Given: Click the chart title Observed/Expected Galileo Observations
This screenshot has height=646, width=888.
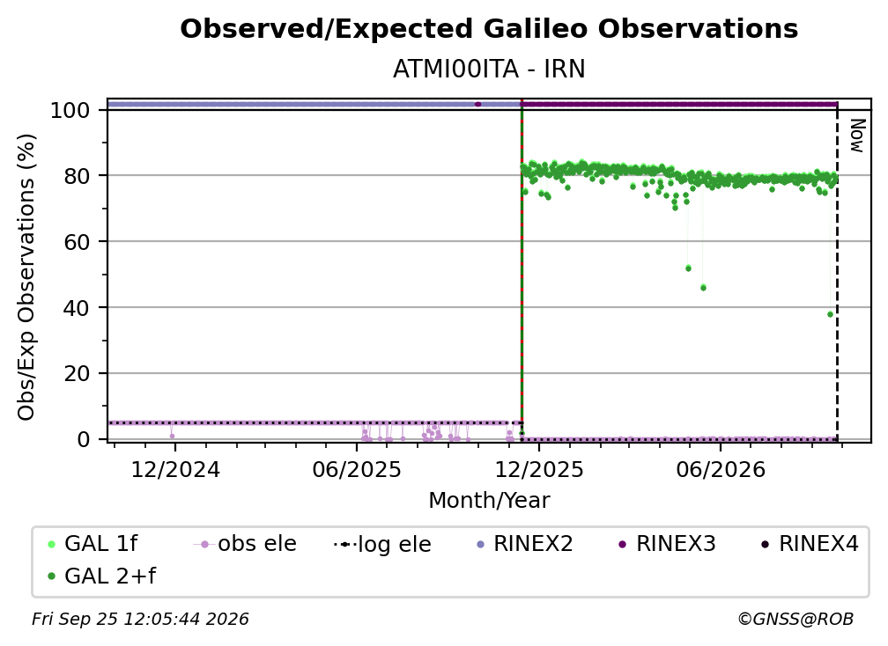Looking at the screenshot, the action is (489, 29).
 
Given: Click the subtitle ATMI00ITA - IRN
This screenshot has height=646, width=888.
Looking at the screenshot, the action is (489, 70).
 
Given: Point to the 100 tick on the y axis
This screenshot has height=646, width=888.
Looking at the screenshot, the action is (70, 110).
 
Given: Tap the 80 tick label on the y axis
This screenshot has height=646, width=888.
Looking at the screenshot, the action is (77, 177).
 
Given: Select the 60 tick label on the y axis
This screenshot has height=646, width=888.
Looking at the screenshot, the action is (77, 242).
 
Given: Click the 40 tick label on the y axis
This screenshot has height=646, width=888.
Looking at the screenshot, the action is (77, 308).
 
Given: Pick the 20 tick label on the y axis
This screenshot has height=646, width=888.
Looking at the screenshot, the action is (77, 374).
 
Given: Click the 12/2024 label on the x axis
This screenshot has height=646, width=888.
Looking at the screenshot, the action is (175, 470).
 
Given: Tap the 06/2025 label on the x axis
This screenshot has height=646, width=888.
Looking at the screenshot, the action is (357, 470).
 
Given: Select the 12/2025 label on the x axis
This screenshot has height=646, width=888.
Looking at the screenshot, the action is (539, 470).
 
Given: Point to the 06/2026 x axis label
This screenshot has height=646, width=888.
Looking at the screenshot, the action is (721, 470).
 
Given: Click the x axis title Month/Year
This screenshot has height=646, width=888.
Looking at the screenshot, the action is (489, 501).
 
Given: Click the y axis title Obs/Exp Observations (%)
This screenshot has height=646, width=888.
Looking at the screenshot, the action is (26, 277).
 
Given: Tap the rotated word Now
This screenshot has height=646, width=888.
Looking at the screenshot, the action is (857, 136).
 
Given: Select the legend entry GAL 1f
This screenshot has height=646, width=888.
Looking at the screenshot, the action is (92, 544).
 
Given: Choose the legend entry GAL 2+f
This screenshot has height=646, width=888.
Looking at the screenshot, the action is (101, 576).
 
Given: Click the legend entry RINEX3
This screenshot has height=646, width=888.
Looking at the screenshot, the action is (667, 544).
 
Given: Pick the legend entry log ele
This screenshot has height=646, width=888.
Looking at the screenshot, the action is (383, 545).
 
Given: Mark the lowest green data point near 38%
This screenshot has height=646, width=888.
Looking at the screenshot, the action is (830, 314).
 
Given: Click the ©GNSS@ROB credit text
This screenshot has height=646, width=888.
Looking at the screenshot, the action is (795, 620).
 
